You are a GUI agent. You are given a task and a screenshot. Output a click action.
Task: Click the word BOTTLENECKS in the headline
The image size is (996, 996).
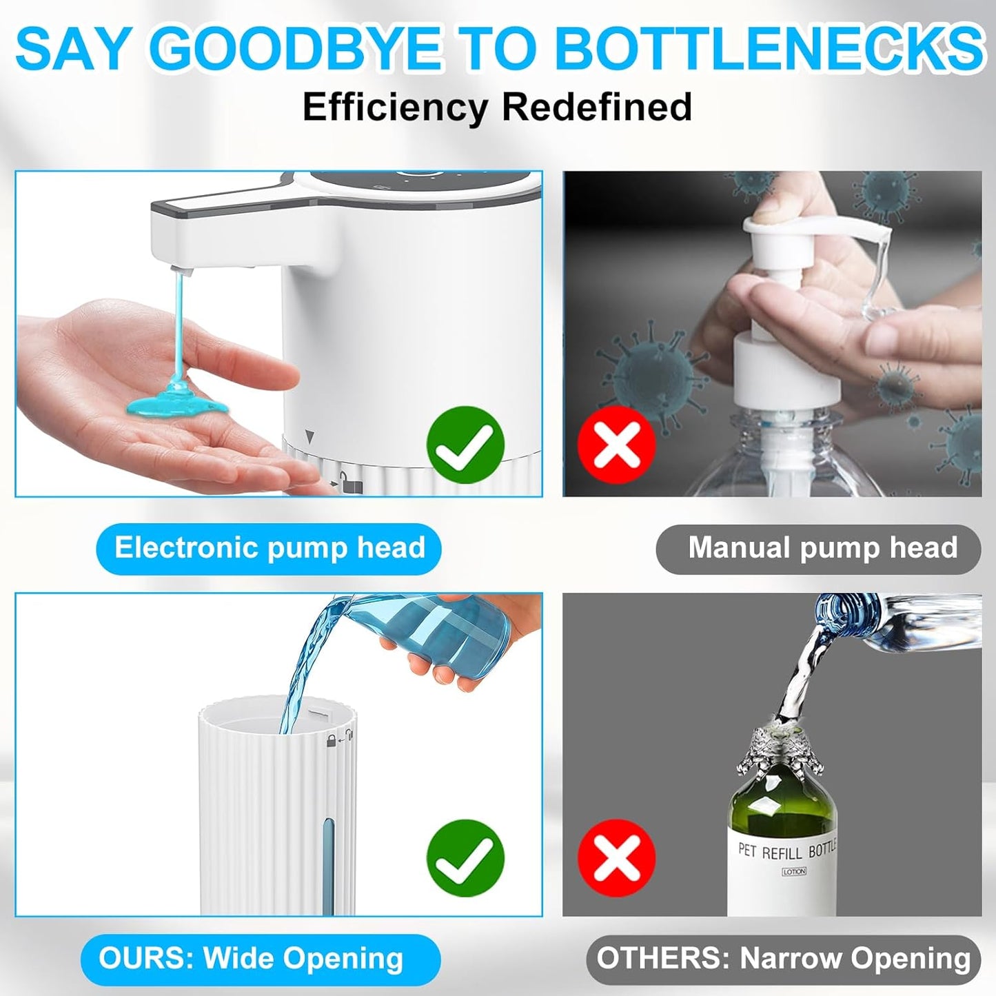[769, 49]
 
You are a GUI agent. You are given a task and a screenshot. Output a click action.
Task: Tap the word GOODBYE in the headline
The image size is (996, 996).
[294, 49]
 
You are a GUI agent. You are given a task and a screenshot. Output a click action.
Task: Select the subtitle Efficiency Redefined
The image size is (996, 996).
[497, 107]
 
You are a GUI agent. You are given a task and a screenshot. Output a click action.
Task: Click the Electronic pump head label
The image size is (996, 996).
[269, 549]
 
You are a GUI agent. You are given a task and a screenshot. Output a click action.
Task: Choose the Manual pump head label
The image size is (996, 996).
[819, 549]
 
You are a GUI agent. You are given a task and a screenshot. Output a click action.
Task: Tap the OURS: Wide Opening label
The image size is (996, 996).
[260, 959]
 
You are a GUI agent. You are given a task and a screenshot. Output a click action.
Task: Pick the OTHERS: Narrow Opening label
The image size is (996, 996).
[783, 959]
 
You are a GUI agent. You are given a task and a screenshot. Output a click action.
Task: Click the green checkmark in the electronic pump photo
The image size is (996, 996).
[465, 445]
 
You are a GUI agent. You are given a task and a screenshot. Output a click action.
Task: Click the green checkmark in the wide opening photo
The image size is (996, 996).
[465, 858]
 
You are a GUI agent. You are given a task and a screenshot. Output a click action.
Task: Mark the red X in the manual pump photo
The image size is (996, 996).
[616, 445]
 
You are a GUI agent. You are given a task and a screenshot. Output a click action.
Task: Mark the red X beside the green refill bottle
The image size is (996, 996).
[616, 858]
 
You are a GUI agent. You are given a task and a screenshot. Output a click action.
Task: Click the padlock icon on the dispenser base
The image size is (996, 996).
[352, 485]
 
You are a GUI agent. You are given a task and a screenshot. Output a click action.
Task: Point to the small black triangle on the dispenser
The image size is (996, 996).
[309, 437]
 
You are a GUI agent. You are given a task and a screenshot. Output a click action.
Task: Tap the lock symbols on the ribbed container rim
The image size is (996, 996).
[340, 739]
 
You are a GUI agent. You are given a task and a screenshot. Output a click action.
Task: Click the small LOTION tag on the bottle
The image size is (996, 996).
[793, 872]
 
